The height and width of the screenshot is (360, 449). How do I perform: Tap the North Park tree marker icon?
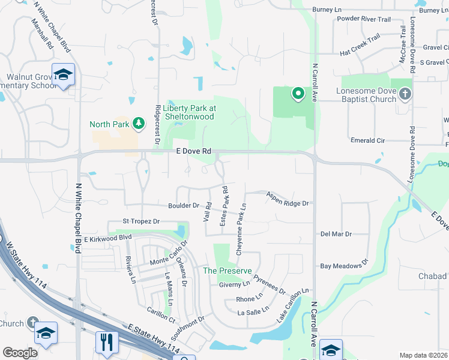[x=139, y=124]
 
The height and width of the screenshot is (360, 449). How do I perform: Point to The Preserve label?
[x=227, y=271]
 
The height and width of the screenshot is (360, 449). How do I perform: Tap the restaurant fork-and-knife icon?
[x=106, y=342]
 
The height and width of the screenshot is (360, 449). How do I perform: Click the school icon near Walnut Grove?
[x=63, y=75]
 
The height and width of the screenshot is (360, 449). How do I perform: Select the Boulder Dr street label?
[x=184, y=205]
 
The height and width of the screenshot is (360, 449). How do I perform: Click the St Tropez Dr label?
[x=141, y=221]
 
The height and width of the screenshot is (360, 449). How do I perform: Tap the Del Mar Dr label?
[x=336, y=233]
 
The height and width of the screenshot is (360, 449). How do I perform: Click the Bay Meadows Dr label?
[x=343, y=265]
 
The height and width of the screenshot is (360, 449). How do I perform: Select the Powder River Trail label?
[x=364, y=20]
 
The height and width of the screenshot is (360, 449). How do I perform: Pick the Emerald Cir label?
[x=368, y=140]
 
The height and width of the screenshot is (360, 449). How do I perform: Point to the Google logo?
[x=20, y=353]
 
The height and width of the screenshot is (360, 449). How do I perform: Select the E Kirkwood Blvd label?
[x=107, y=238]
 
